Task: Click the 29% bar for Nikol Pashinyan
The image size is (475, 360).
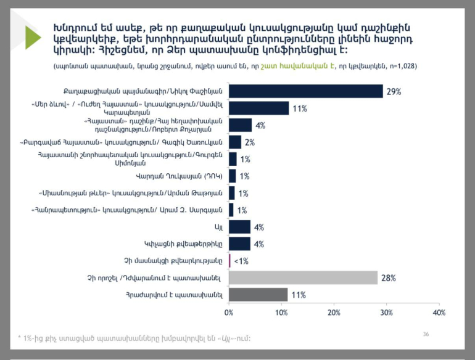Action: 306,91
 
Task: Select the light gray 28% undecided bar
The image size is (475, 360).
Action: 303,278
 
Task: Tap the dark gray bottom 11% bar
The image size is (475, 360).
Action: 258,295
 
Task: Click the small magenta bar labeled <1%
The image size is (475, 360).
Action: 229,261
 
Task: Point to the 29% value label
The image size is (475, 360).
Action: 394,92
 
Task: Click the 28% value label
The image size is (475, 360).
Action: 388,279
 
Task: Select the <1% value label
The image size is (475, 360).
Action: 241,261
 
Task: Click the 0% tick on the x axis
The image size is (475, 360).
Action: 229,313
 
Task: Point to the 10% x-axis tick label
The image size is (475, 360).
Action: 281,313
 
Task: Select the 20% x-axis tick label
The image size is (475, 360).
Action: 334,313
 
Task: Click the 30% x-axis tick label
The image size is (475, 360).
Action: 387,313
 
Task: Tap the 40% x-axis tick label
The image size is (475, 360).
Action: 439,313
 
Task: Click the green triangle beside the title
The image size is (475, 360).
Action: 33,38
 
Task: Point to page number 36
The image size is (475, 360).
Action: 426,333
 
